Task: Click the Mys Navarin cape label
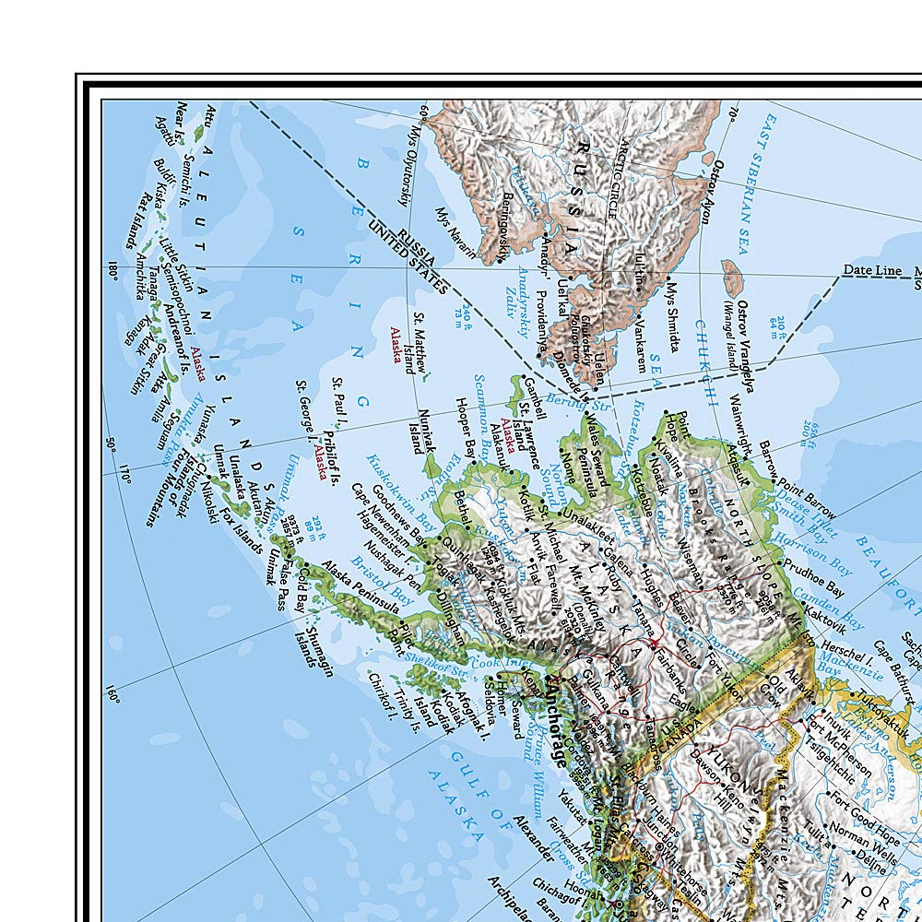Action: pos(457,230)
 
